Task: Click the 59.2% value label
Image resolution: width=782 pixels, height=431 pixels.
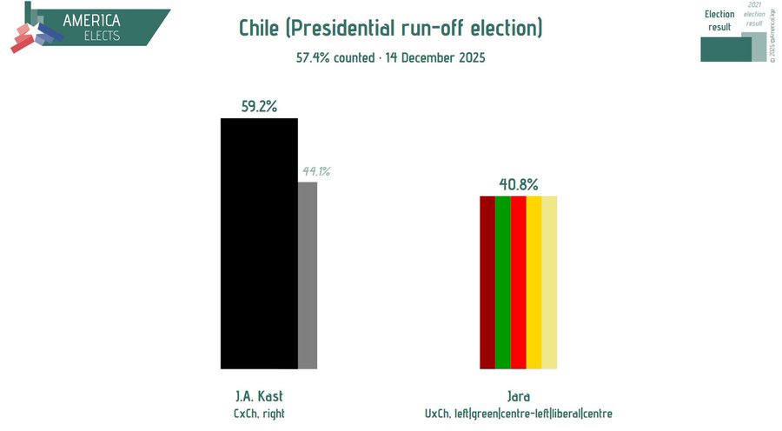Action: coord(259,106)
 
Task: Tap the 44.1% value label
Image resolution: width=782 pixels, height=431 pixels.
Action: coord(315,171)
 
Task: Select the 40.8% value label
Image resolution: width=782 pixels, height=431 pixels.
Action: coord(519,184)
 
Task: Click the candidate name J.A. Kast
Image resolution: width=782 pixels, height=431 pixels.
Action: coord(259,395)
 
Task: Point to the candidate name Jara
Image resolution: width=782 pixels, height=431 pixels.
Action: coord(519,395)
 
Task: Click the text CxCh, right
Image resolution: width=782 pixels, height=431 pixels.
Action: coord(259,414)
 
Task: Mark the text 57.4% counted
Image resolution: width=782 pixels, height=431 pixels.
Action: coord(328,58)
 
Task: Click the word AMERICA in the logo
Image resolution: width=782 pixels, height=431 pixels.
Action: coord(91,20)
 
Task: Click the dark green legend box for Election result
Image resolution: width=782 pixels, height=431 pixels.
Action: coord(726,50)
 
